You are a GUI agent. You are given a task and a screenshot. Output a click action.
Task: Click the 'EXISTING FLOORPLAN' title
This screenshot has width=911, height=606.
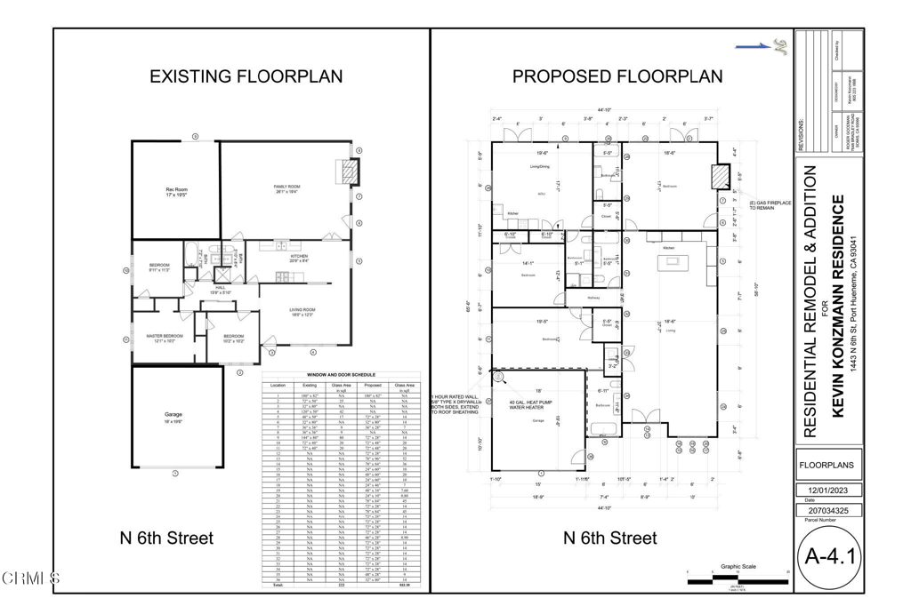tap(246, 76)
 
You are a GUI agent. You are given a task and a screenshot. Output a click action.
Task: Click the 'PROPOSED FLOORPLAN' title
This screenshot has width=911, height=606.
tap(617, 76)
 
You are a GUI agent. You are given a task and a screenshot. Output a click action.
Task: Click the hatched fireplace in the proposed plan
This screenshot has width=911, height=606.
tap(718, 178)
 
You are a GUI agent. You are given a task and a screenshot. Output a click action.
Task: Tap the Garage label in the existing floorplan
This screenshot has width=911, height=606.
tap(173, 415)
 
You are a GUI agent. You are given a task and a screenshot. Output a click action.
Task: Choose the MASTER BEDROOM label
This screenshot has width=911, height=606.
tap(165, 336)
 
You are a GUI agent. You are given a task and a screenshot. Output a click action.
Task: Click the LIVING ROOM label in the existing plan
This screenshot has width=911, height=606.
tap(302, 310)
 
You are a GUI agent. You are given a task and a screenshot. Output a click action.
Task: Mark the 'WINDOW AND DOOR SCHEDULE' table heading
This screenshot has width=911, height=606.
tap(341, 375)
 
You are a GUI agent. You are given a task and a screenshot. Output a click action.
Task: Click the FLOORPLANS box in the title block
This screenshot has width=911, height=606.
tap(827, 464)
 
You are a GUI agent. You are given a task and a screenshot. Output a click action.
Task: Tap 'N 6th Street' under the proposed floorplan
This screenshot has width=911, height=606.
tap(609, 538)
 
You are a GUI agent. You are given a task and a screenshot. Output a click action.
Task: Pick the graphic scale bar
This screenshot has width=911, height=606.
tap(738, 579)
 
